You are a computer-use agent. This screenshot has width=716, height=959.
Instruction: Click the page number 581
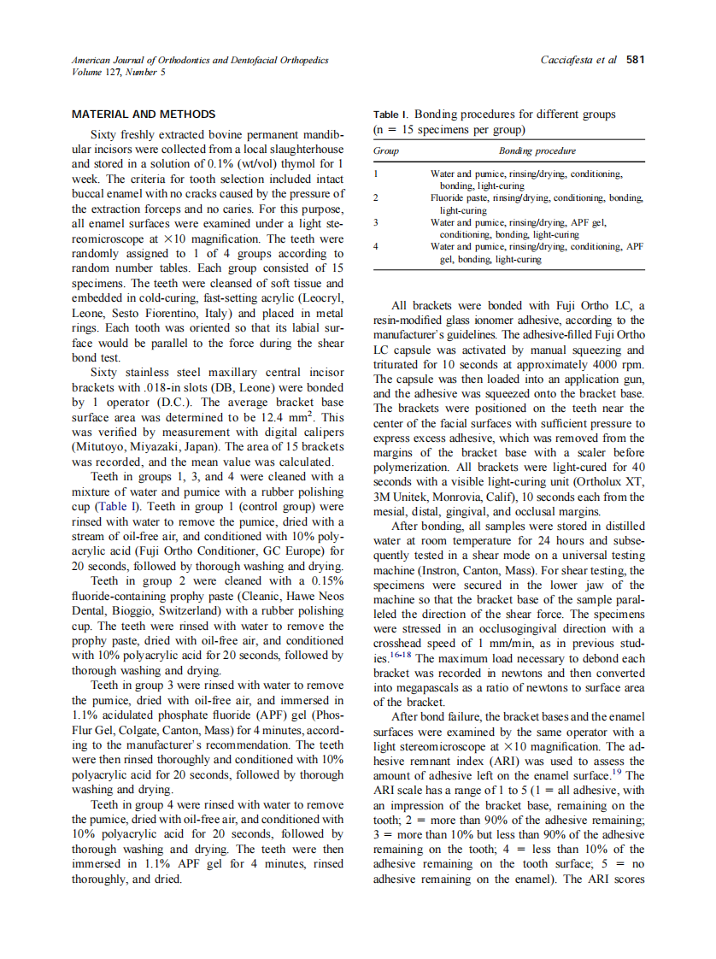click(x=635, y=60)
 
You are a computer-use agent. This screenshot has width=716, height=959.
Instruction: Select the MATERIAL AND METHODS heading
click(x=144, y=114)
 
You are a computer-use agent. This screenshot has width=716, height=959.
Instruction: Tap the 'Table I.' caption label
click(x=391, y=115)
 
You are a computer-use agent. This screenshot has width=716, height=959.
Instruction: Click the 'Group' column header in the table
click(x=386, y=150)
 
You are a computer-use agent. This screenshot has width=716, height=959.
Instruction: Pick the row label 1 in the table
click(x=376, y=174)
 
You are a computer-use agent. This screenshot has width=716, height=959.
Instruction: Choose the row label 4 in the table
click(x=376, y=246)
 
